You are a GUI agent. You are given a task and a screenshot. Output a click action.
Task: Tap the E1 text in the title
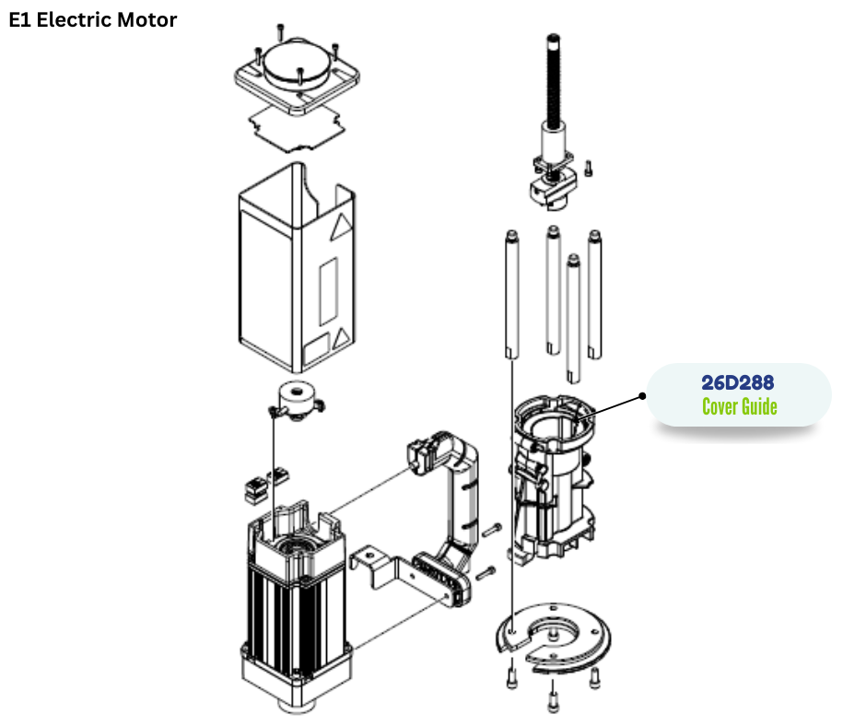click(20, 18)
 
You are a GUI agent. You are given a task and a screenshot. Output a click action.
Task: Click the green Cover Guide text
click(740, 406)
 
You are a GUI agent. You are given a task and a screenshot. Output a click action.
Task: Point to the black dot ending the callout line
click(642, 395)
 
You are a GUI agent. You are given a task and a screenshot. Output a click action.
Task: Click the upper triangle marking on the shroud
click(341, 228)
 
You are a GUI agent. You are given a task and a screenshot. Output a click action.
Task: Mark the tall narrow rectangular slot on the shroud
click(326, 290)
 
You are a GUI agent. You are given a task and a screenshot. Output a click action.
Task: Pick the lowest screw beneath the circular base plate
click(552, 702)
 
